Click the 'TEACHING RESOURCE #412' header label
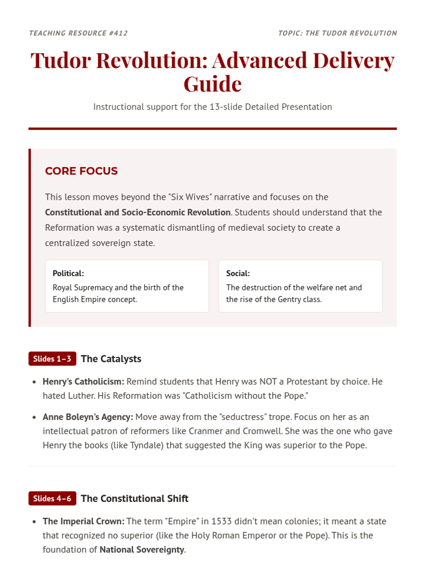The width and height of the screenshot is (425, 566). click(78, 33)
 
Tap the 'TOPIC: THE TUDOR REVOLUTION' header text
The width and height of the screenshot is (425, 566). click(337, 33)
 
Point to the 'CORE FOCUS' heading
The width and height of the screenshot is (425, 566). click(81, 171)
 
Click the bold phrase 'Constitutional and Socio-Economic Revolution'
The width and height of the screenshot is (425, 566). click(138, 212)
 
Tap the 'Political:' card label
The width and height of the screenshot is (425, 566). click(68, 273)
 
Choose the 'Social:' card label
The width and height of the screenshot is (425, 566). click(238, 273)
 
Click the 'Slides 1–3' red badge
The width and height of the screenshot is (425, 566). click(52, 359)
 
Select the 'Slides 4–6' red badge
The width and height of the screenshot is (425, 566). click(52, 498)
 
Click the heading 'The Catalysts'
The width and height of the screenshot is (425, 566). click(111, 359)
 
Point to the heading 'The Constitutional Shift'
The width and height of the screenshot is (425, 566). click(135, 498)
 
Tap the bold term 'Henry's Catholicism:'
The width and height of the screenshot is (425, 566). click(84, 382)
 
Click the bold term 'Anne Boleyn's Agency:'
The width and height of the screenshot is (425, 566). click(88, 417)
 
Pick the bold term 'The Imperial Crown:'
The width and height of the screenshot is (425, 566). click(84, 521)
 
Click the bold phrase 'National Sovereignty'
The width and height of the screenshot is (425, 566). click(142, 550)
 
